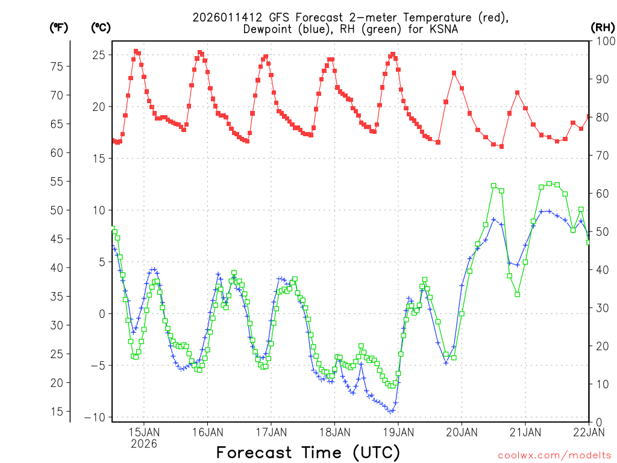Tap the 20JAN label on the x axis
click(462, 432)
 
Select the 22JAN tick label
click(588, 432)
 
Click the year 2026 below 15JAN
click(143, 444)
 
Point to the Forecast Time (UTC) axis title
click(308, 452)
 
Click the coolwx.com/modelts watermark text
click(554, 455)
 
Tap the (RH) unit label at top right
click(602, 28)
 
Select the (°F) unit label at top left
click(59, 28)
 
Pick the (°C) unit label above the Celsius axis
click(101, 28)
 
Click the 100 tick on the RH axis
click(603, 41)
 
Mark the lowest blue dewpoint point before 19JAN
click(391, 411)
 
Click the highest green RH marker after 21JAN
click(549, 183)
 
